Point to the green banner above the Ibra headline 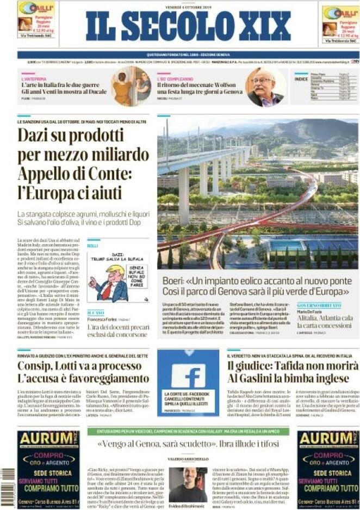[x=188, y=431]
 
